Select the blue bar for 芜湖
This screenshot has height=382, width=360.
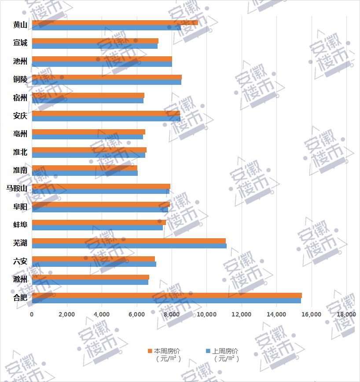click(x=129, y=246)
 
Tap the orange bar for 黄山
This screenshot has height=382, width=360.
click(x=114, y=22)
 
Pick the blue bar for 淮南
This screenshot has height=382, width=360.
click(x=84, y=173)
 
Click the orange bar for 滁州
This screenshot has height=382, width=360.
click(x=90, y=277)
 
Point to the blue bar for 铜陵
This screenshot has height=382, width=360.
click(x=107, y=82)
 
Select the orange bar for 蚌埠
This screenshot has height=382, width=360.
click(x=99, y=222)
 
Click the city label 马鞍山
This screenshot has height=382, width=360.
click(x=17, y=189)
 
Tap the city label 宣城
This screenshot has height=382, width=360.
click(x=20, y=43)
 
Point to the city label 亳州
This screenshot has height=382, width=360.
click(x=20, y=134)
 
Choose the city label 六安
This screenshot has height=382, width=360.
click(x=20, y=261)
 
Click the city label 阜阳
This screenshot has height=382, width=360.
click(x=20, y=207)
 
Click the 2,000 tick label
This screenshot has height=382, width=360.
click(x=66, y=315)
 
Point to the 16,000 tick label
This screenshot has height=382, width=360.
click(x=311, y=315)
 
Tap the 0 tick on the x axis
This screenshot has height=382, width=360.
click(x=32, y=315)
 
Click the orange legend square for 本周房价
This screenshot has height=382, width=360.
click(x=150, y=351)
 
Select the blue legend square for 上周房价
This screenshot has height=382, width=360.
click(x=208, y=351)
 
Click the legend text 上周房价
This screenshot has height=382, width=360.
click(x=225, y=351)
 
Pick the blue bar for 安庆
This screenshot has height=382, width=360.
click(x=106, y=119)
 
